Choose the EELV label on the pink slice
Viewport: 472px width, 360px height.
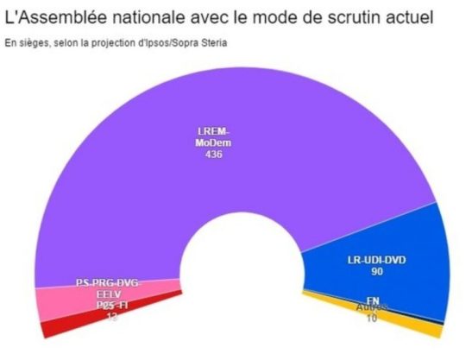pyautogui.click(x=106, y=294)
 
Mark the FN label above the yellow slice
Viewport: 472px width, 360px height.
pyautogui.click(x=373, y=300)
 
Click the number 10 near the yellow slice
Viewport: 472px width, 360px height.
pyautogui.click(x=373, y=319)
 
